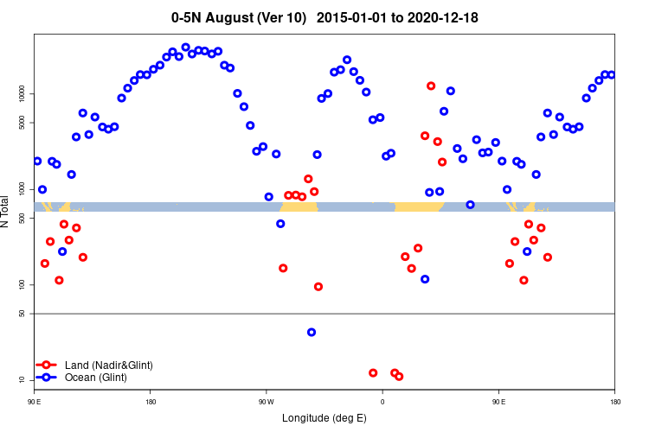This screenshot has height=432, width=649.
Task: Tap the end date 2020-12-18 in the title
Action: (440, 17)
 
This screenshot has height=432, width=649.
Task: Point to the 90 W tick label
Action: (266, 402)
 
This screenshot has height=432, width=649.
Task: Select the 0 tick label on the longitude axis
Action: (382, 402)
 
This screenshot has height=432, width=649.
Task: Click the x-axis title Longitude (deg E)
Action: (324, 418)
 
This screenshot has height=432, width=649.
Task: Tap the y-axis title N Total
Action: (7, 212)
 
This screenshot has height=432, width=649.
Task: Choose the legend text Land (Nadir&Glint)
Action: (109, 365)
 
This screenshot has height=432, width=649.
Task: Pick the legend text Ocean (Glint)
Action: (96, 378)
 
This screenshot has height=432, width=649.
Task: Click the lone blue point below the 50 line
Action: (312, 332)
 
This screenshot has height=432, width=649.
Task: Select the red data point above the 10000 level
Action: (431, 86)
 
